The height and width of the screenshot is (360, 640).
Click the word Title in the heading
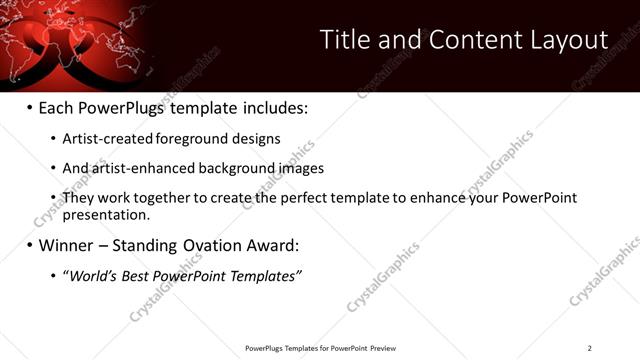[343, 40]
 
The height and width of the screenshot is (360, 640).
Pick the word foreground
[190, 139]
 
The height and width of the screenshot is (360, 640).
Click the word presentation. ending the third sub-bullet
[106, 214]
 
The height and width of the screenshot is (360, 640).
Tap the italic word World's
[88, 275]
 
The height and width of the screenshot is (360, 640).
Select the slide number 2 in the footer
[590, 348]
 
